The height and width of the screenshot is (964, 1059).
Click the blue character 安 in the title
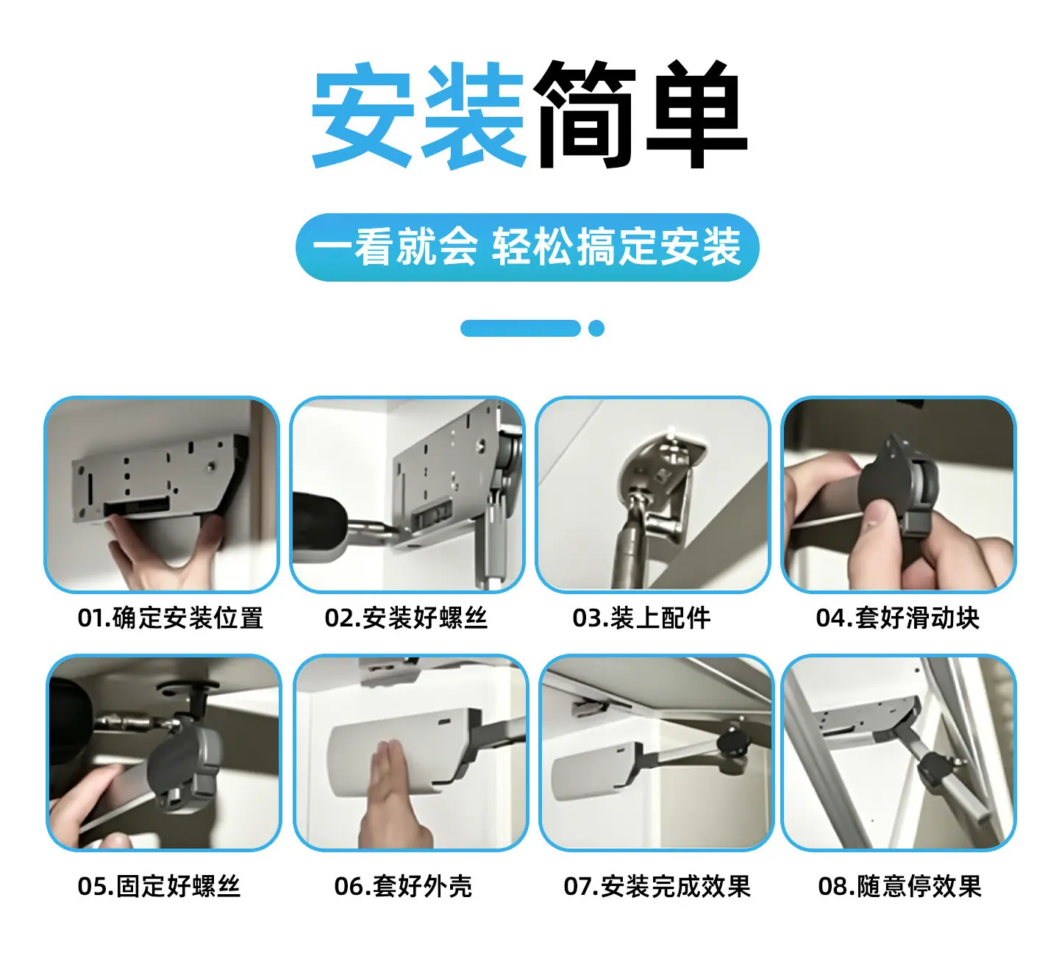(x=363, y=115)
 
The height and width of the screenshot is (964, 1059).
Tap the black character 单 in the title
(x=697, y=115)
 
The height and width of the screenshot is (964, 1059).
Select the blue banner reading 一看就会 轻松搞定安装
(x=527, y=247)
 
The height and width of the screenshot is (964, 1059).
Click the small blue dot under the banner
(x=596, y=328)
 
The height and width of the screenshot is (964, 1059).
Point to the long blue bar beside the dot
(x=521, y=328)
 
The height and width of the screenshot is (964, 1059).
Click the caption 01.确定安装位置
(x=170, y=618)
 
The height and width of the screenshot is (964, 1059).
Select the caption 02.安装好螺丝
(x=406, y=618)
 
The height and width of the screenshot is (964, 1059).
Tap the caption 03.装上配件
(x=641, y=618)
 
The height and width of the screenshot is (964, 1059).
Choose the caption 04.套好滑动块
(x=897, y=618)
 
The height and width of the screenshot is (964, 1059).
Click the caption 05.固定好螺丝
(x=159, y=886)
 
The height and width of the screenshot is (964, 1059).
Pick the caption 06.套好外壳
(x=403, y=886)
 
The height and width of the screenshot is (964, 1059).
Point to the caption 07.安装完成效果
(x=657, y=886)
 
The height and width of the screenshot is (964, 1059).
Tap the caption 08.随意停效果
(x=899, y=886)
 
